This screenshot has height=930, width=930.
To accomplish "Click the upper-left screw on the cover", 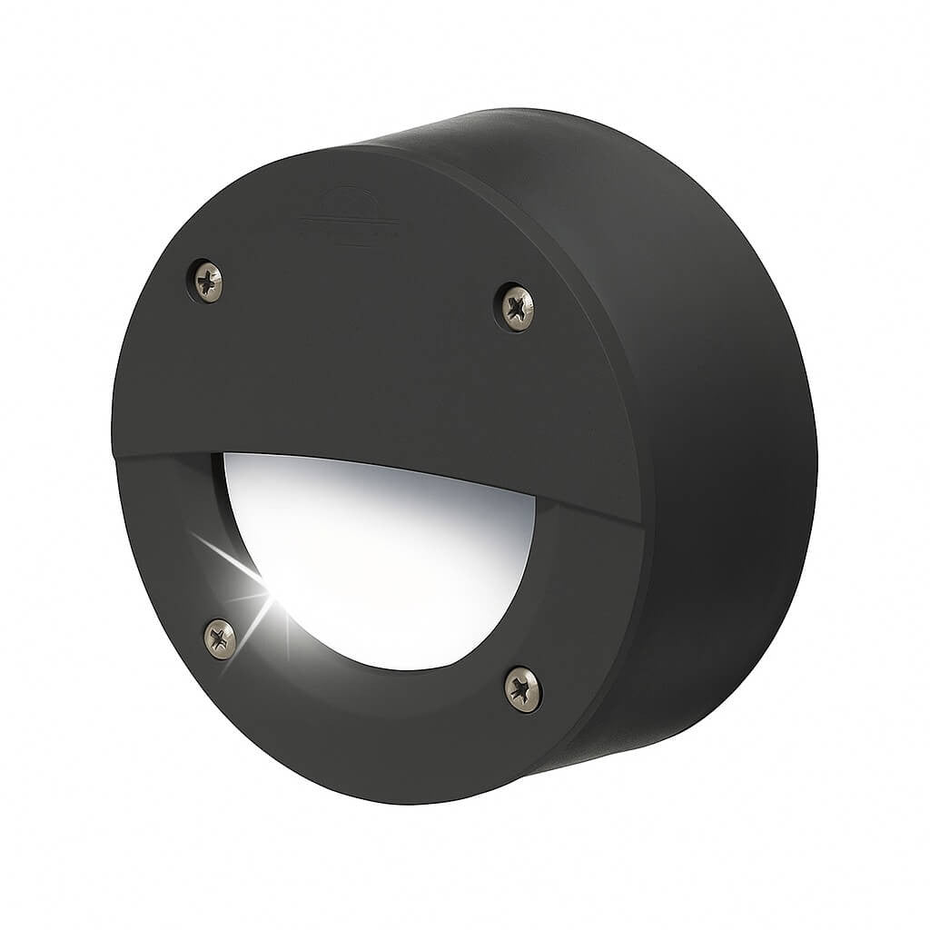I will tap(208, 280).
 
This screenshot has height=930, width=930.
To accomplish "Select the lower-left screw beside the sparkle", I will tap(220, 638).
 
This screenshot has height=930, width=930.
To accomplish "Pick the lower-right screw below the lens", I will tap(523, 688).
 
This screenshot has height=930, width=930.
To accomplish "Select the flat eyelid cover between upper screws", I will tap(363, 345).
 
